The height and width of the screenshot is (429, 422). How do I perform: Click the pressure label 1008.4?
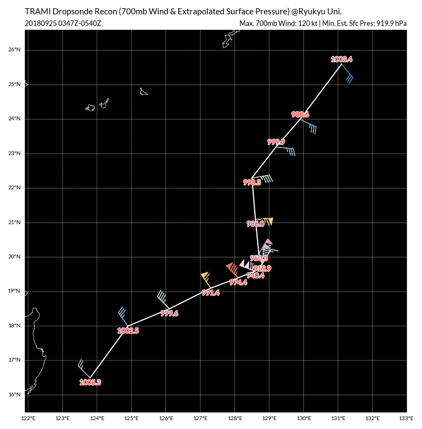tap(341, 59)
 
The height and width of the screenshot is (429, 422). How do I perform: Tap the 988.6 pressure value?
tap(300, 114)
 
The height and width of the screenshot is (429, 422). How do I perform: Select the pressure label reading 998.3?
tap(252, 182)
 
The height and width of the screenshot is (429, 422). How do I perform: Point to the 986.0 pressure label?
tap(255, 224)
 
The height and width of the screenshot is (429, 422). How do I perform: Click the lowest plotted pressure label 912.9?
tap(262, 268)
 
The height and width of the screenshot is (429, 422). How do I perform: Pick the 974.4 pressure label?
tap(238, 282)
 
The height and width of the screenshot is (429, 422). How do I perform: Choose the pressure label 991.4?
tap(211, 293)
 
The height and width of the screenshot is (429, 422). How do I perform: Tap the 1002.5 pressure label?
tap(128, 330)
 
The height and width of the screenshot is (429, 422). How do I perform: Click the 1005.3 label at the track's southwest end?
tap(90, 382)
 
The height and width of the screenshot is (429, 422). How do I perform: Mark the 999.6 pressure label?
tap(169, 313)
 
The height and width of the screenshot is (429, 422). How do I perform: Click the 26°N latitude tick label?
tap(15, 50)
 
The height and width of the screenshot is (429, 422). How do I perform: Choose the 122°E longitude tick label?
tap(29, 418)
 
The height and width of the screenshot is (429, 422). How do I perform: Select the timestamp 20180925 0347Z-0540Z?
tap(63, 23)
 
